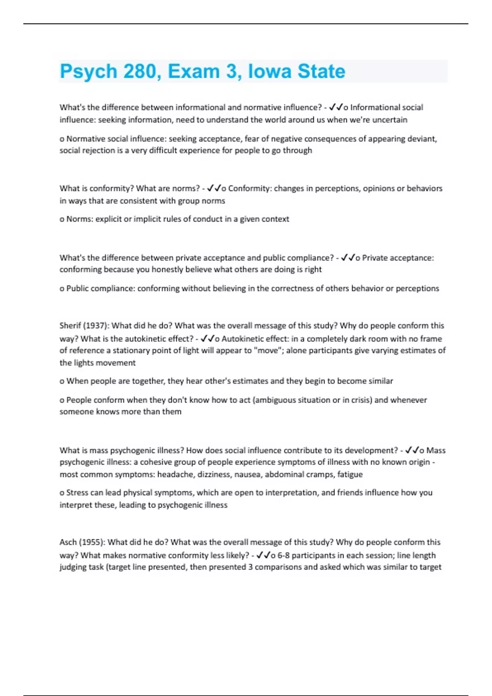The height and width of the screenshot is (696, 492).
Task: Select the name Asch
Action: click(68, 542)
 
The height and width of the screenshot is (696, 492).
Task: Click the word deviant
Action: click(422, 139)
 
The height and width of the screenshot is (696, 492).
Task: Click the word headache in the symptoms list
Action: click(175, 475)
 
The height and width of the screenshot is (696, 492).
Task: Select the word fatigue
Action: click(350, 475)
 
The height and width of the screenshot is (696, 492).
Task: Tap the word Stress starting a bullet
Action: click(77, 493)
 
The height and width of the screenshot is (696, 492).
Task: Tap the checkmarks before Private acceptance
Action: click(348, 258)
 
